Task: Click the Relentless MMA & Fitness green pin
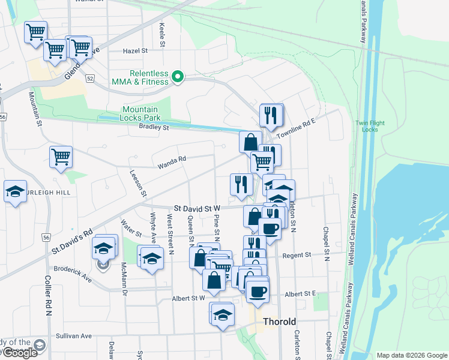(x=177, y=77)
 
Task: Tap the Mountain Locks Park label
(x=140, y=113)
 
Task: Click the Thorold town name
(x=280, y=322)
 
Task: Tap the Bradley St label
(x=154, y=127)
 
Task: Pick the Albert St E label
(x=301, y=294)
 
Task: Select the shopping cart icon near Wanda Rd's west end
(x=61, y=157)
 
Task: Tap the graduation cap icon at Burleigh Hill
(x=15, y=191)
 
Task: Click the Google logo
(x=19, y=353)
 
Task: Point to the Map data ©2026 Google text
(x=412, y=355)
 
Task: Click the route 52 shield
(x=90, y=79)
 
